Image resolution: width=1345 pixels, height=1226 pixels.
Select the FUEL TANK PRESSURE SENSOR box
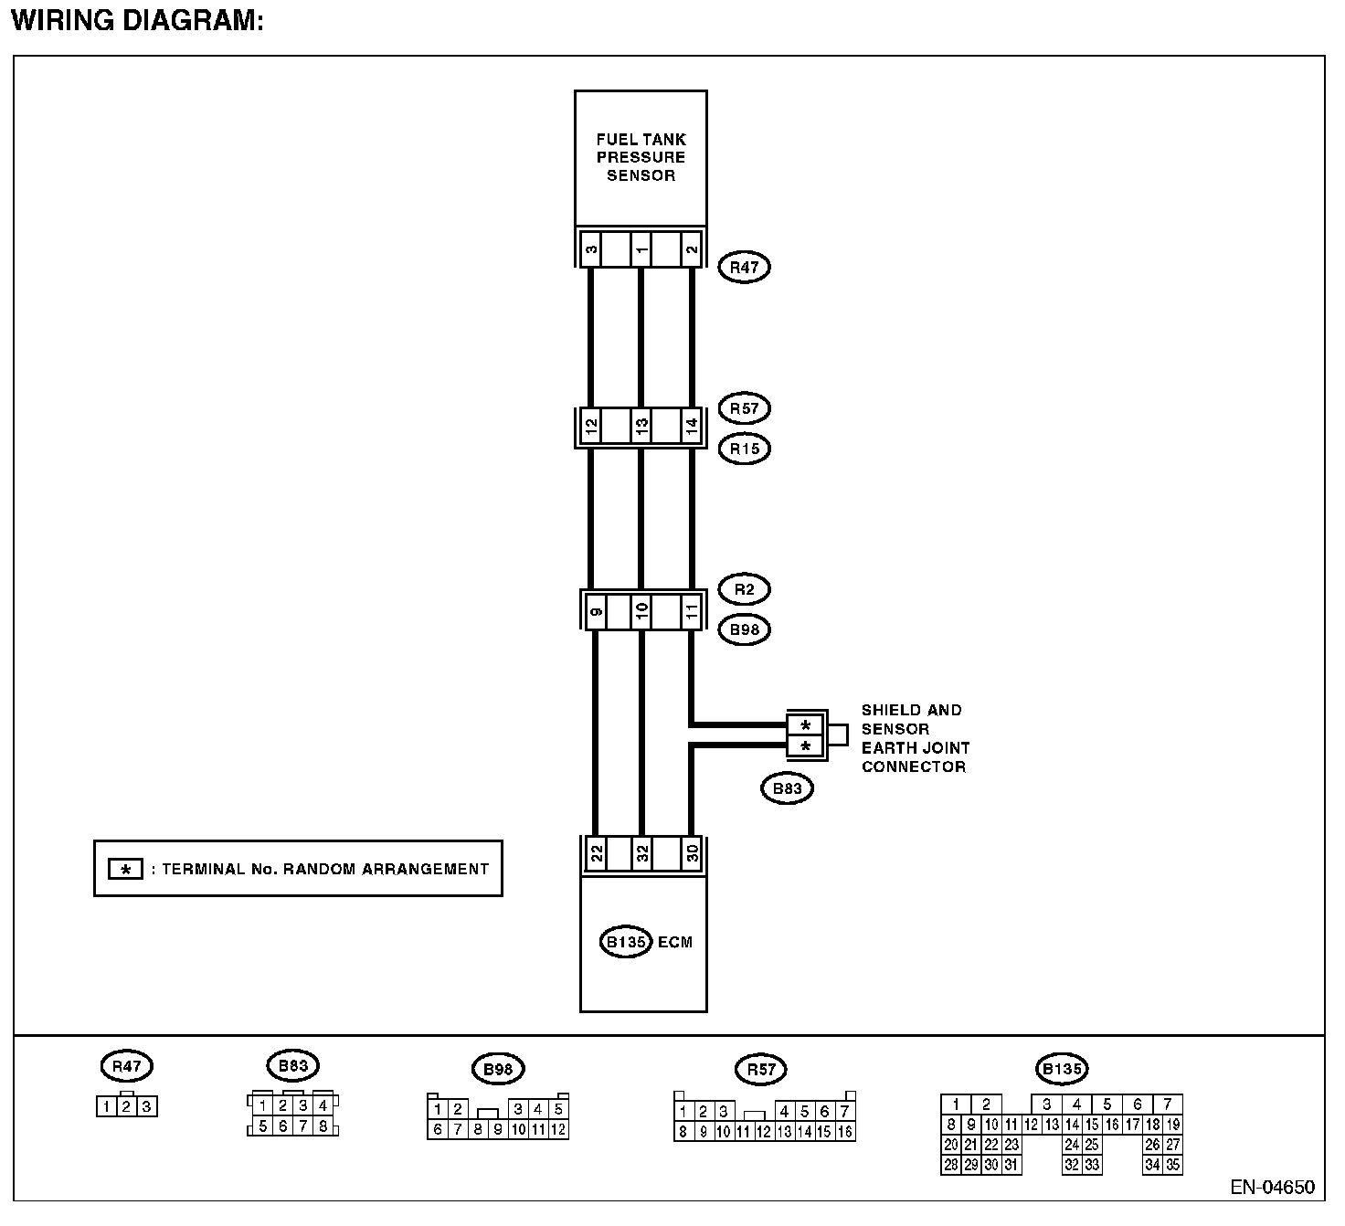pos(640,157)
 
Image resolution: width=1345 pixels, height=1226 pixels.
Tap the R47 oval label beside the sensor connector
pos(745,267)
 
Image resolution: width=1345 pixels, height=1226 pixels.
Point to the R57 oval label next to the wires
pos(745,408)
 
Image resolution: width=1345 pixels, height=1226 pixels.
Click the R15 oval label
pos(745,449)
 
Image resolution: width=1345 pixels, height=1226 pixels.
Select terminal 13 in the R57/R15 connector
pos(641,426)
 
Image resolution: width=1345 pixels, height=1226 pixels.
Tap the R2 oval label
pos(745,589)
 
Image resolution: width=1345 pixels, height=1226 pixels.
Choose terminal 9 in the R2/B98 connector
pos(596,609)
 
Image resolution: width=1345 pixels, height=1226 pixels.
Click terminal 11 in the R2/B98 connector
pos(692,609)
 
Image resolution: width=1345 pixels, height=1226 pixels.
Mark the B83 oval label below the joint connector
pos(787,788)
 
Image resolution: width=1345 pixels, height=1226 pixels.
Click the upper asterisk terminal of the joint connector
pos(805,726)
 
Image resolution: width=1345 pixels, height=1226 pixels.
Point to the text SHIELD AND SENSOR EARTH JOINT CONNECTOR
pos(915,738)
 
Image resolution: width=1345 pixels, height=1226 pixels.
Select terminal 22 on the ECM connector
pos(596,854)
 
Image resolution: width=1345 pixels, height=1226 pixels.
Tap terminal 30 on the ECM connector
pos(693,854)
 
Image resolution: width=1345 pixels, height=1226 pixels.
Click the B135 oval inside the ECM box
pos(626,942)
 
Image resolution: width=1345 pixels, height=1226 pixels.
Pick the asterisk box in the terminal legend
pos(126,869)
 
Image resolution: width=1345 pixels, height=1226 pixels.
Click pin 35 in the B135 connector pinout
pos(1173,1165)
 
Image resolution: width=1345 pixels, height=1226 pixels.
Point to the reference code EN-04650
pos(1272,1188)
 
